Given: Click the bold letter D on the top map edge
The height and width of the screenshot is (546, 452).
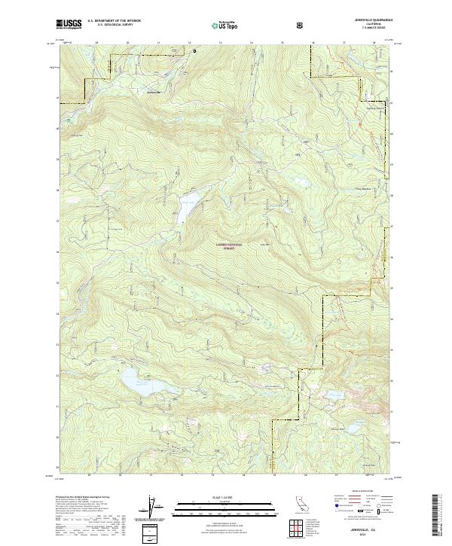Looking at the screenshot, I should [x=194, y=51].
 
